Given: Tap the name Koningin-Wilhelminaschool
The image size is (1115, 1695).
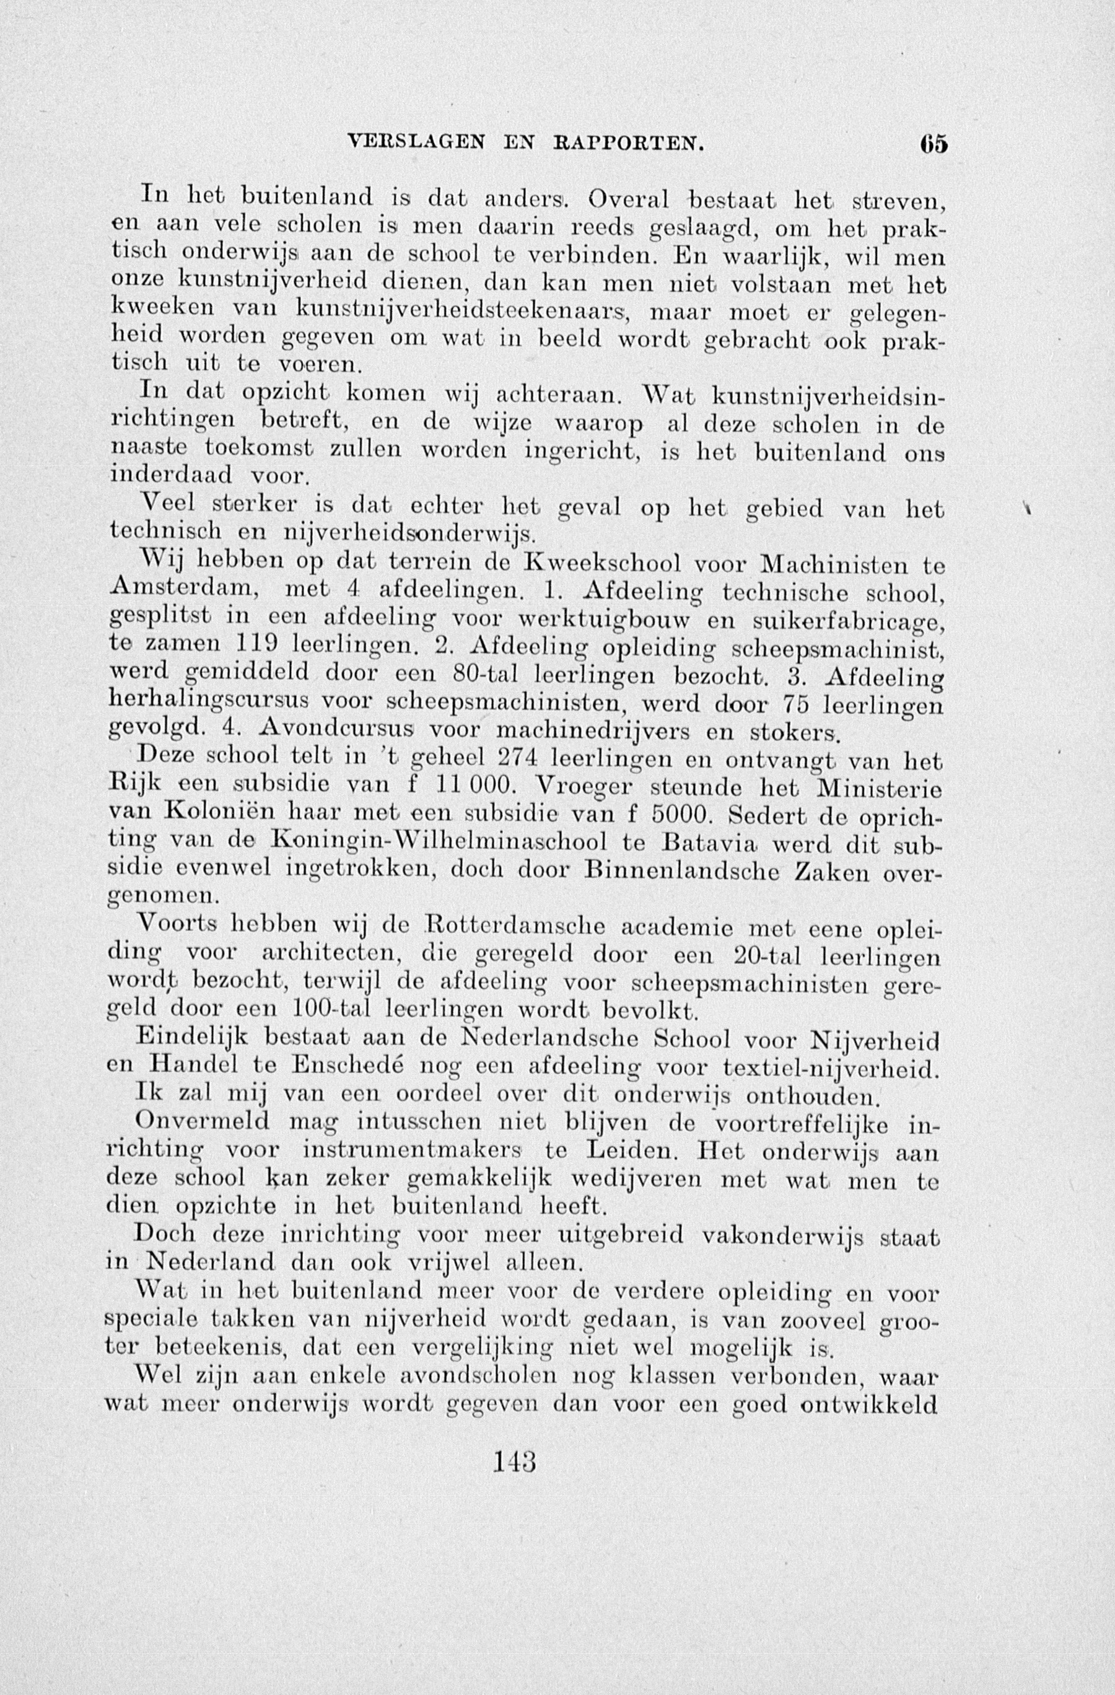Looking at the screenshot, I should coord(439,843).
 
